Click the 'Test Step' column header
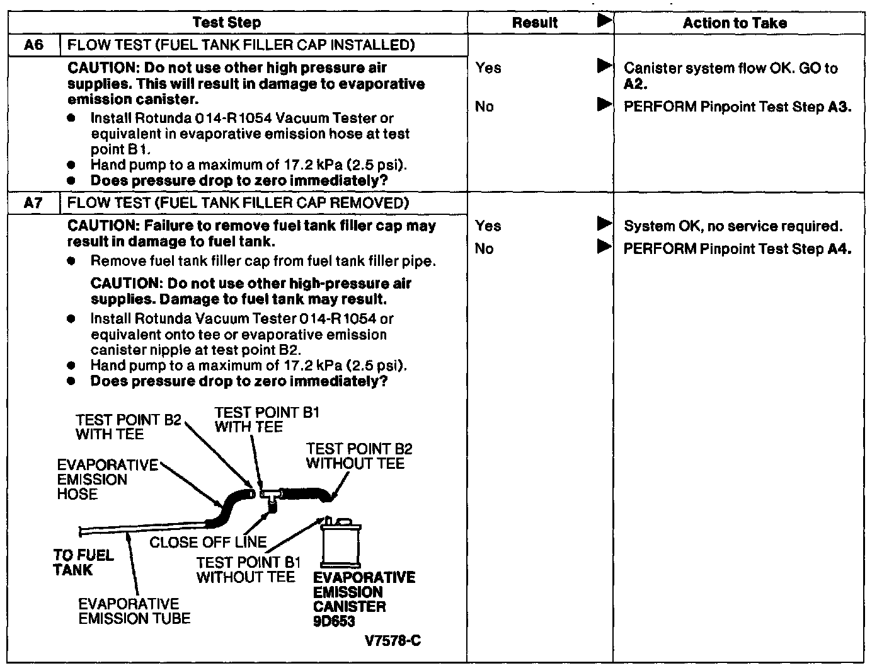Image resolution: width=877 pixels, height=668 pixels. [x=226, y=23]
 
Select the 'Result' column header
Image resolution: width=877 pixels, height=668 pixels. [x=534, y=23]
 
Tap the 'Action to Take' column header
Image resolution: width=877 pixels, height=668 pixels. [x=735, y=23]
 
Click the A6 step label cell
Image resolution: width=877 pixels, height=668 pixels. [x=34, y=45]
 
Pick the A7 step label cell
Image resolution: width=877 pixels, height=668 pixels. [x=34, y=203]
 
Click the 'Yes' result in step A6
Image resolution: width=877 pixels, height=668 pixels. [x=488, y=67]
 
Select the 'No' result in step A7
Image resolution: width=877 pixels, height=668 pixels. [x=484, y=248]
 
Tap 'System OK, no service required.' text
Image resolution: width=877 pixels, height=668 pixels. [x=733, y=226]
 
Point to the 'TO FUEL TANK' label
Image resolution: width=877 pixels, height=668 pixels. [x=83, y=562]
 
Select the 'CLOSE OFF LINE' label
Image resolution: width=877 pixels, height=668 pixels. [x=208, y=542]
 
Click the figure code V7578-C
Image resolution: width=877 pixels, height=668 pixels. [x=393, y=641]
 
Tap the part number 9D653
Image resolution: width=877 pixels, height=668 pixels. [x=334, y=621]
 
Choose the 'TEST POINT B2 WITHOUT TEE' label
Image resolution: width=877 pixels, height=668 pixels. [x=358, y=456]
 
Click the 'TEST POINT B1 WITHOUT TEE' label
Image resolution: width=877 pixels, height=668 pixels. [x=248, y=569]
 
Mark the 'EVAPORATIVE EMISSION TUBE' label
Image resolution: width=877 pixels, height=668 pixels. [x=134, y=611]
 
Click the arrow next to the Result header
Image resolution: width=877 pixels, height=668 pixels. [x=604, y=21]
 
